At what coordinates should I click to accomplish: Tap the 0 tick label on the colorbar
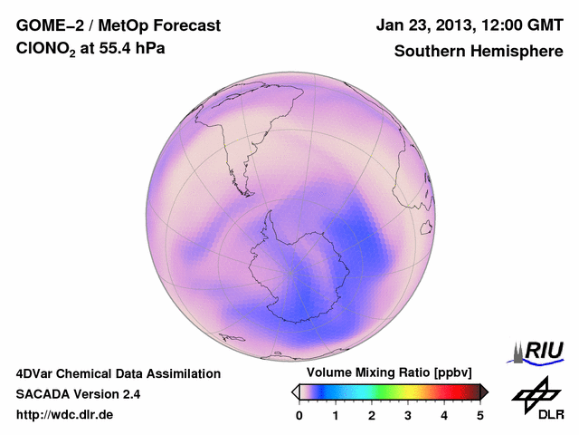(x=299, y=415)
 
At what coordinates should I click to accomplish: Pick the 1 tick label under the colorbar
(x=336, y=415)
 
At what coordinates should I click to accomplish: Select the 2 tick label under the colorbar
(x=372, y=415)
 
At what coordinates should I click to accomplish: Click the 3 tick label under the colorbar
(x=408, y=415)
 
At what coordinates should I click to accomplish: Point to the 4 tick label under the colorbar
(x=444, y=415)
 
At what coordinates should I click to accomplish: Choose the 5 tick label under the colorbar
(x=480, y=415)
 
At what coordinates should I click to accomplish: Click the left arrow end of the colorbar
(x=296, y=391)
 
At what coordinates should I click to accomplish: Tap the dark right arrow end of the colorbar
(x=484, y=391)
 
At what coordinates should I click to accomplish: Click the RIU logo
(x=538, y=352)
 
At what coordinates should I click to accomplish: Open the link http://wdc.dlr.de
(x=65, y=415)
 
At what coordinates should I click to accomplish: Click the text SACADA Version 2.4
(x=78, y=394)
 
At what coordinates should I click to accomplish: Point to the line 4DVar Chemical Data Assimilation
(x=119, y=373)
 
